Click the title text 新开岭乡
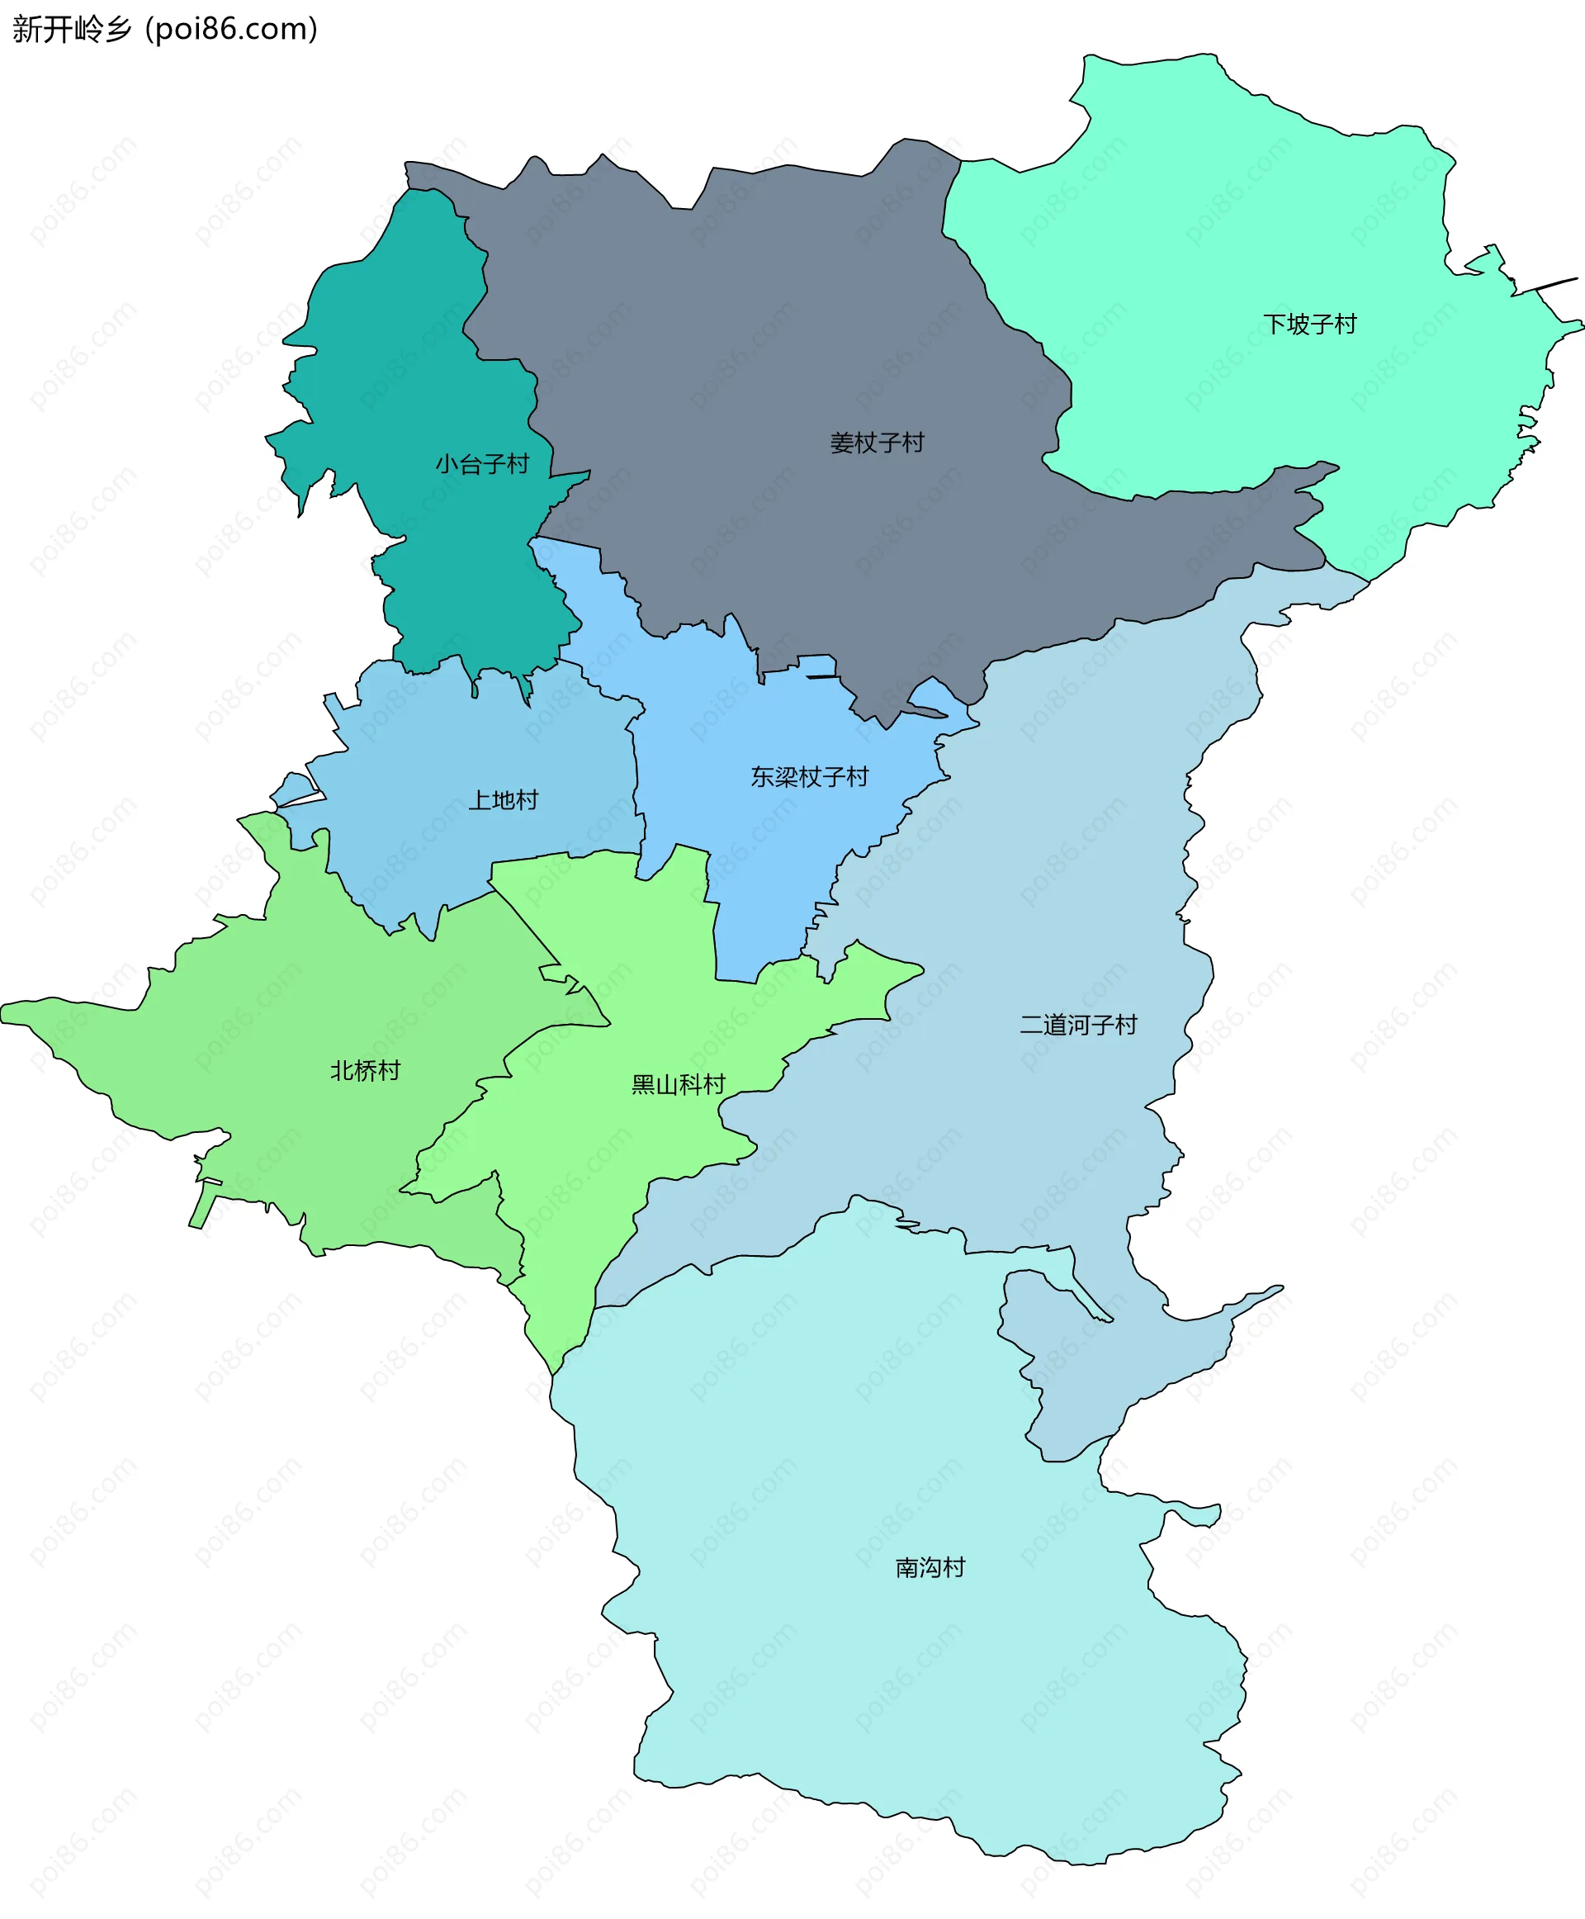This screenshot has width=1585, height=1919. click(71, 29)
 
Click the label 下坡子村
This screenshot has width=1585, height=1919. click(1309, 325)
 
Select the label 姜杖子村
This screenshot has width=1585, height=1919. click(877, 443)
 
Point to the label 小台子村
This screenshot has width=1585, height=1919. click(482, 464)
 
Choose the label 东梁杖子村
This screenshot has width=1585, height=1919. click(809, 776)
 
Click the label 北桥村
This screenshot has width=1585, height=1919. click(365, 1070)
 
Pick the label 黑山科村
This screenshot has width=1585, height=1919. click(678, 1084)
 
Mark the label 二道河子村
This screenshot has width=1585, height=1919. click(1077, 1025)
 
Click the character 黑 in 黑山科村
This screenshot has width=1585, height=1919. click(643, 1084)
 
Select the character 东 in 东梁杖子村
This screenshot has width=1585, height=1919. click(763, 776)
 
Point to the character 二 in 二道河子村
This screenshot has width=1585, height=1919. click(1031, 1025)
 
